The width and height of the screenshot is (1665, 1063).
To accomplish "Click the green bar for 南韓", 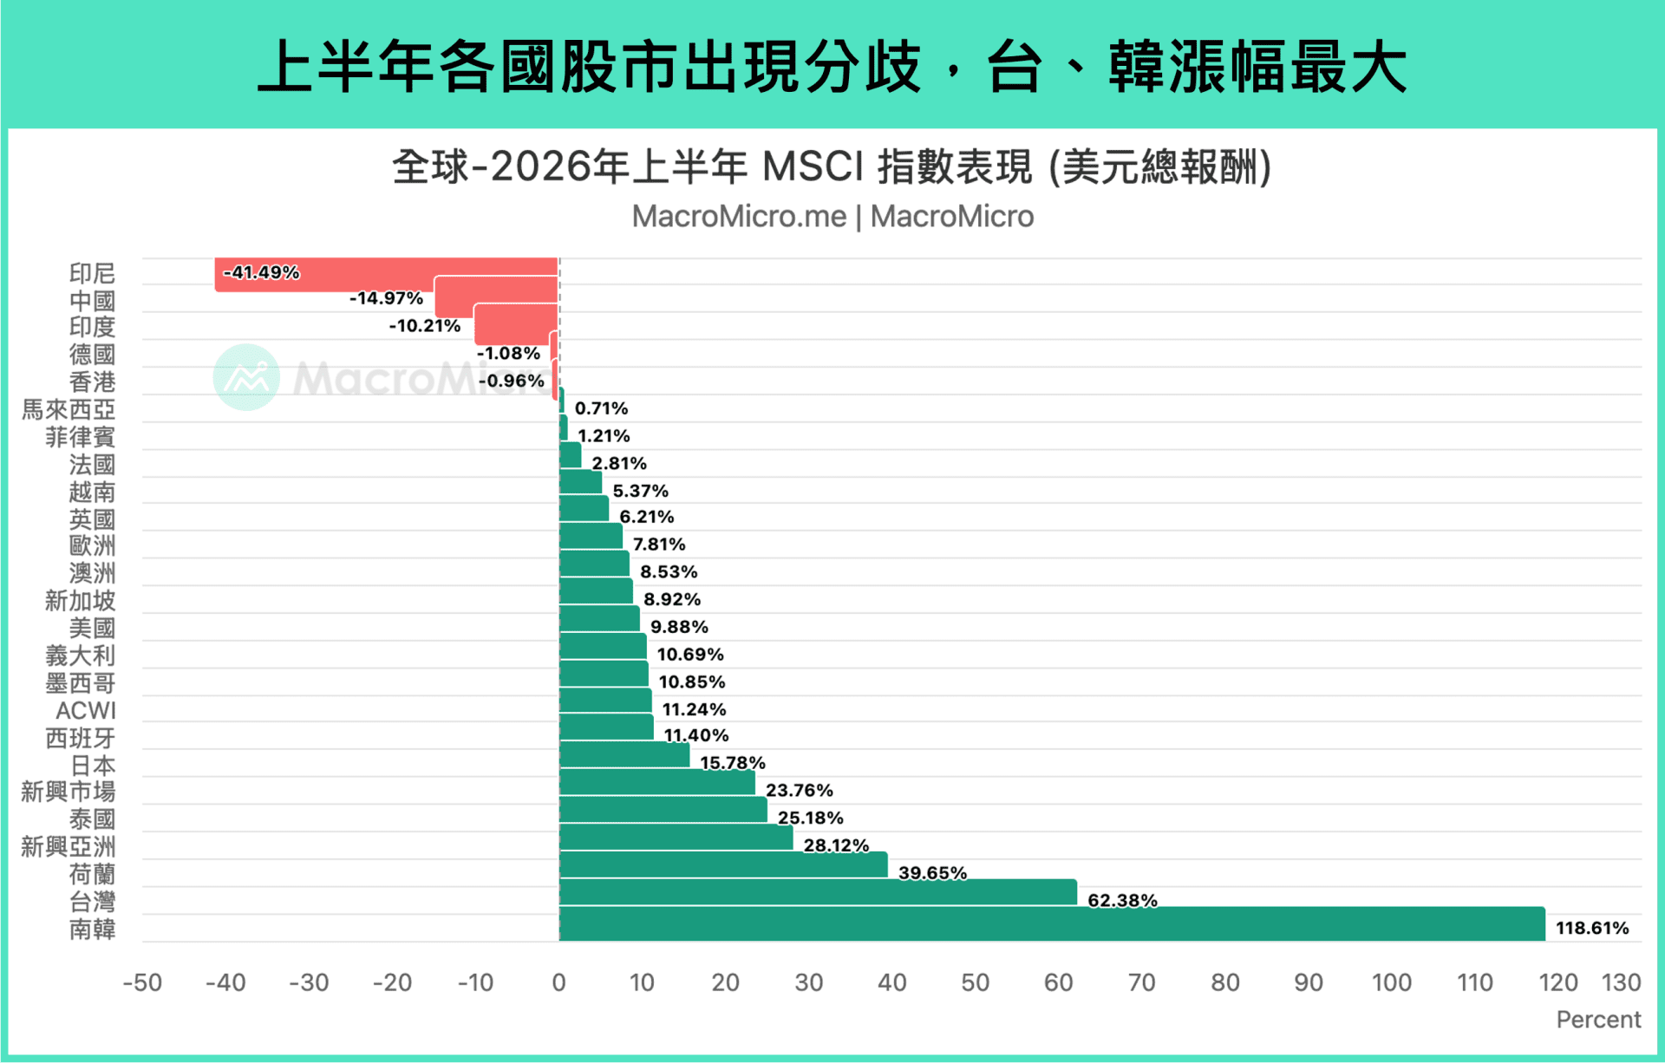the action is pos(1052,924).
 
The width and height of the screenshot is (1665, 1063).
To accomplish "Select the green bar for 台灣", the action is pos(818,892).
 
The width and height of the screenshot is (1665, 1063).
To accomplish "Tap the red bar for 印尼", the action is pos(386,274).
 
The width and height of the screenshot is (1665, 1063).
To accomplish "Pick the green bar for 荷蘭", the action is pos(723,864).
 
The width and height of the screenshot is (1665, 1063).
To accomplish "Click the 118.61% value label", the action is pos(1592,928).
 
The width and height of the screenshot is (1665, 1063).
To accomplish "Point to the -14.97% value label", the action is pos(386,298).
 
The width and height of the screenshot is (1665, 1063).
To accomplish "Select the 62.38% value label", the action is pos(1122,900).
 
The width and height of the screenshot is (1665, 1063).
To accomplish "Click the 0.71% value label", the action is pos(601,408).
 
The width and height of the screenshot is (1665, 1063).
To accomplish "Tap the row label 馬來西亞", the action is pos(69,409).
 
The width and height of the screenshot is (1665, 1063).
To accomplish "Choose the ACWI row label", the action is pos(86,711).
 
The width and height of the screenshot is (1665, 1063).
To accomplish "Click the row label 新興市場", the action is pos(69,792).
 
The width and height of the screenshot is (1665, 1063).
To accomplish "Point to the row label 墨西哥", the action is pos(81,683).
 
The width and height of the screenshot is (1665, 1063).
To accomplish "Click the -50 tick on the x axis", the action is pos(142,982).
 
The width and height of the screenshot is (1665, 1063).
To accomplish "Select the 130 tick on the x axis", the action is pos(1621,982).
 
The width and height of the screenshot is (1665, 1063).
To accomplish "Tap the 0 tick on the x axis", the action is pos(558,982).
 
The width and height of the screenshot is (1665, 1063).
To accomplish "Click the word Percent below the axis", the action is pos(1598,1020).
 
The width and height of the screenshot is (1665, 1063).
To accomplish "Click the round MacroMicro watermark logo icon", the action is pos(246,377).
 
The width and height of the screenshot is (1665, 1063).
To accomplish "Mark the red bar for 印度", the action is pos(516,324).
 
